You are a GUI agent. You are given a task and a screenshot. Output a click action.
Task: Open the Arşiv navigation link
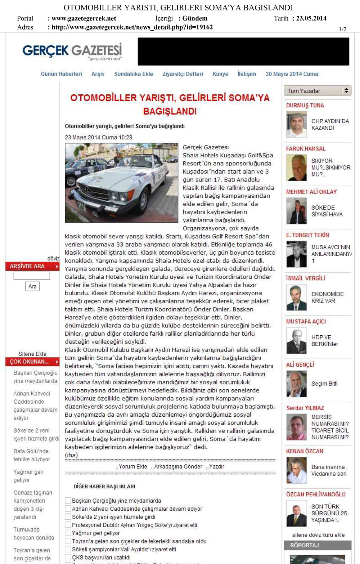coord(98,74)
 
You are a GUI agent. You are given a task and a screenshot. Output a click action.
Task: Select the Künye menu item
coord(220,74)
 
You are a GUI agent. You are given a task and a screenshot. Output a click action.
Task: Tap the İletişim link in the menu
coord(247,74)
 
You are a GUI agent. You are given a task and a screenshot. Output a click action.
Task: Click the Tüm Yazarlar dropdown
coord(317,91)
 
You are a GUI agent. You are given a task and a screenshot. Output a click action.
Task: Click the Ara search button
coord(32,286)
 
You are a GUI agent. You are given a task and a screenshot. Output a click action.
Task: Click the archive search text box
coord(32,276)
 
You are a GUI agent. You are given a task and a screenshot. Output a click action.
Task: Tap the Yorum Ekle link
coord(133,466)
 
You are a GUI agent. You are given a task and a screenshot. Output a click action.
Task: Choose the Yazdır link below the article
coord(216,466)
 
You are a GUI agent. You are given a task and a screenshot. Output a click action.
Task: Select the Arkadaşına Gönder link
coord(178,466)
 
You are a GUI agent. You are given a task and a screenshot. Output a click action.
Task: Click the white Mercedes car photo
coord(121,183)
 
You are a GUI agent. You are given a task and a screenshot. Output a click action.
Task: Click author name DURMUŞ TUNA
coord(305,106)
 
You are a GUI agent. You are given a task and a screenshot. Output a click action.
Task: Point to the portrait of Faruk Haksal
coord(296,167)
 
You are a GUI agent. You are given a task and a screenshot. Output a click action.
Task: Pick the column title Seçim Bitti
coord(324,384)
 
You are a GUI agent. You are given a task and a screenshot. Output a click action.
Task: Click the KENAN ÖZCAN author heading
coord(305,451)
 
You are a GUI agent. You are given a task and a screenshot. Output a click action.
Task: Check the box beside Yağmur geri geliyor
coord(68,533)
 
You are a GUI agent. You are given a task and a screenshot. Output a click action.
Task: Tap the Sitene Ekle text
coord(32,354)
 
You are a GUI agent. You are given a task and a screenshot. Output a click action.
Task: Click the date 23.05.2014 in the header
coord(311,18)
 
